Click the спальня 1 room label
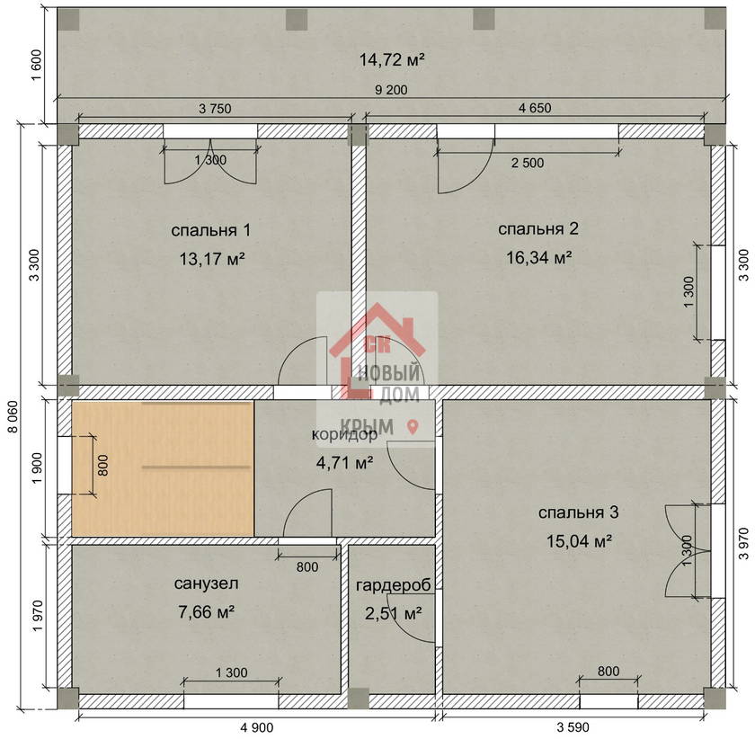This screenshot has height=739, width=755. point(211,230)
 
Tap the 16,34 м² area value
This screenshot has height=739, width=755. point(538,258)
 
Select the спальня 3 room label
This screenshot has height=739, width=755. point(578,512)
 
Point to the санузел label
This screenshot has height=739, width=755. point(206,583)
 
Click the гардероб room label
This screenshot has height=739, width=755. point(394,585)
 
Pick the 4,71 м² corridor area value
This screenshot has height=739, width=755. point(345,463)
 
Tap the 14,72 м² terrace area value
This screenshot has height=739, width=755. point(392,59)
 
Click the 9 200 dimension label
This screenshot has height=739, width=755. point(391,90)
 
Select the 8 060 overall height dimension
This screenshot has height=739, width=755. point(13,417)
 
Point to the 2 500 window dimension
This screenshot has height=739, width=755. point(528,163)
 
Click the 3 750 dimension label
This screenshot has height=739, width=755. point(215,109)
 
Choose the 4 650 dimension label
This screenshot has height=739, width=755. point(535,108)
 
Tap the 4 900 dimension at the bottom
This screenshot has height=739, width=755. point(257,727)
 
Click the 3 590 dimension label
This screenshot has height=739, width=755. point(573,727)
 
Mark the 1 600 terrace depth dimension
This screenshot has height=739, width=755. point(37,65)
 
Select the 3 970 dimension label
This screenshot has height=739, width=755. point(744,543)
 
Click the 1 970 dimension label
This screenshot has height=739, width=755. point(38,617)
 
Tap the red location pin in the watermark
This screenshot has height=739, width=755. point(413,426)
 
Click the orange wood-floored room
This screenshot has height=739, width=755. point(163,468)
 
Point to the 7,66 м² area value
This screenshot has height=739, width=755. point(206,612)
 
